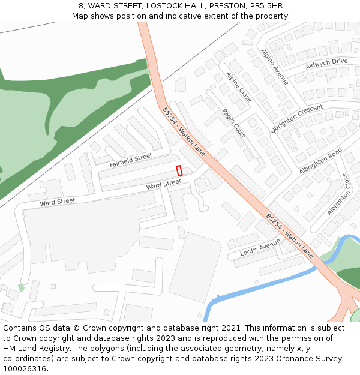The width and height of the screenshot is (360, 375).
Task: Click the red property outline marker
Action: (x=179, y=170)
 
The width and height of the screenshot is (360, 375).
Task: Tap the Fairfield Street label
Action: (x=131, y=160)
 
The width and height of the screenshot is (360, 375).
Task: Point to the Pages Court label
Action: (x=233, y=123)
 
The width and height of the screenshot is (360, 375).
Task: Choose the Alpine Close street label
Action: (x=238, y=87)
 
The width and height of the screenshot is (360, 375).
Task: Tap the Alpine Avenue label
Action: (x=274, y=67)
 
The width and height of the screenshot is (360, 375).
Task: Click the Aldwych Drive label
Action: (x=326, y=63)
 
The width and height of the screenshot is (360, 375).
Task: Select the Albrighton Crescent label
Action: (x=297, y=119)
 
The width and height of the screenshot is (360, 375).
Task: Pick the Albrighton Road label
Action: (x=320, y=161)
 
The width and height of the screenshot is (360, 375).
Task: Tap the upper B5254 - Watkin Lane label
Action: (x=184, y=132)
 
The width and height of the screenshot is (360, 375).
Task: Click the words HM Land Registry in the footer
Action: (x=32, y=349)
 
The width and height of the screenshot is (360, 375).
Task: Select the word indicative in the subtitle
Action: (x=171, y=16)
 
